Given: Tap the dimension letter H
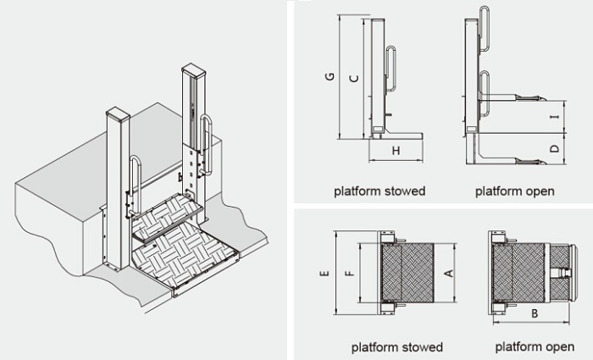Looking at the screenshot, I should click(395, 151).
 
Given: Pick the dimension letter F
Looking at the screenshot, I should click(348, 274).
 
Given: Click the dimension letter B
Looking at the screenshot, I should click(534, 313).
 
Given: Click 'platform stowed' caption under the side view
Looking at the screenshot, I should click(379, 191).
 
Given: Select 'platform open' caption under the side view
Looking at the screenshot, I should click(514, 191).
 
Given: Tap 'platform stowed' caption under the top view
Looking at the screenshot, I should click(396, 347).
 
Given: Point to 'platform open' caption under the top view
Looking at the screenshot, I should click(535, 347).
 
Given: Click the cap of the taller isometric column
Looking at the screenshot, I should click(194, 67).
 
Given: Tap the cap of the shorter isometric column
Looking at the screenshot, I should click(116, 112).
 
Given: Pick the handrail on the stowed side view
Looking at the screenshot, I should click(393, 72).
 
